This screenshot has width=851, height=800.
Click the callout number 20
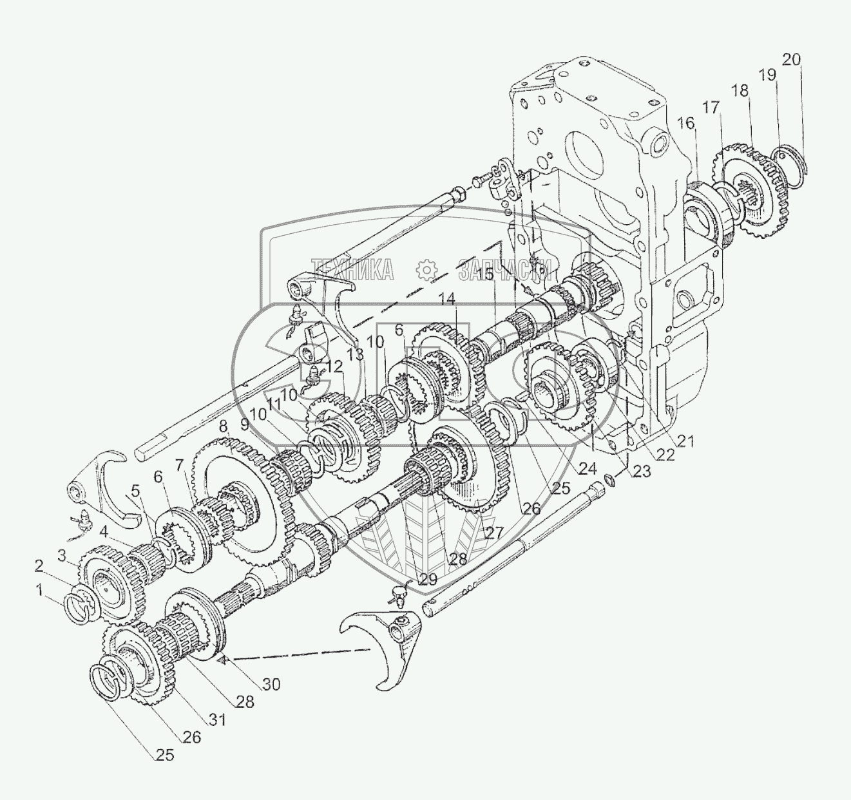792,60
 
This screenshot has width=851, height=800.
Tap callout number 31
218,721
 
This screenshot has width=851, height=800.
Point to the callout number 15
486,274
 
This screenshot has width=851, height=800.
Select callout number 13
354,354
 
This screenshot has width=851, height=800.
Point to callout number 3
61,554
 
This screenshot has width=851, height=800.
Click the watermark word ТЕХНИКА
352,270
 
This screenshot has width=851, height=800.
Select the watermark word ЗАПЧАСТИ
506,270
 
